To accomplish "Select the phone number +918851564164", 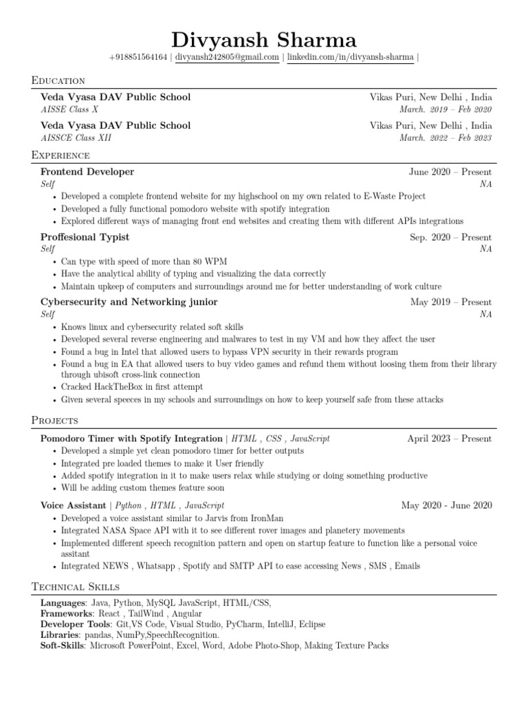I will pos(138,58).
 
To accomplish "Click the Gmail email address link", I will pos(227,58).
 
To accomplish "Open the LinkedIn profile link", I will pos(350,58).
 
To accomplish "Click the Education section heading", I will pos(58,81).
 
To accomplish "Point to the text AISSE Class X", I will pos(69,109).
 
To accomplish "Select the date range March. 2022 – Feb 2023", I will pos(445,137).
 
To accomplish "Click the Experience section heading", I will pos(60,155).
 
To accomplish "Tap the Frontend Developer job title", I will pos(87,172).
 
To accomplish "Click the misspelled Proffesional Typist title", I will pos(85,237).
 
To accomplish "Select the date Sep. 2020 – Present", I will pos(450,237).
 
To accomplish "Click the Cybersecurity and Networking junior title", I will pos(129,302).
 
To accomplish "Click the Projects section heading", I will pos(55,420).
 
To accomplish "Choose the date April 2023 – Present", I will pos(449,438).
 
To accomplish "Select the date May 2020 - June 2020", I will pos(446,505).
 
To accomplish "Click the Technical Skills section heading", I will pos(76,586).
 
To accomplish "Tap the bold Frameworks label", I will pos(66,613).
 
